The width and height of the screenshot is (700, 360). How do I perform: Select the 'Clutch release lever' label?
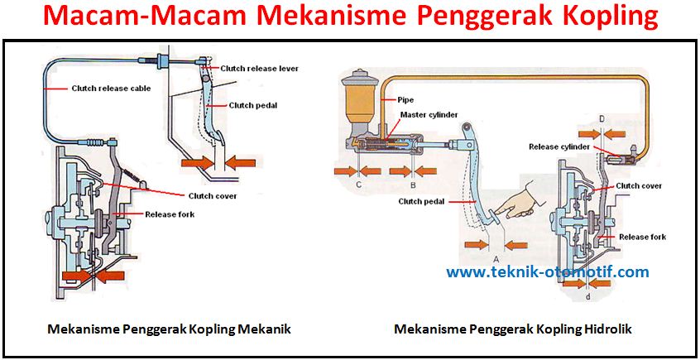point(259,68)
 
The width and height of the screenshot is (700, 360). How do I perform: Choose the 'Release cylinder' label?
point(559,147)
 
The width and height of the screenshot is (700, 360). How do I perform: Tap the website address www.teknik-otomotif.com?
point(548,271)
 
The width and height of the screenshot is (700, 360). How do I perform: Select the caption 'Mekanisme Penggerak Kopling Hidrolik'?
point(513,329)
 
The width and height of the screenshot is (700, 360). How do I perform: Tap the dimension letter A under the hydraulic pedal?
point(496,258)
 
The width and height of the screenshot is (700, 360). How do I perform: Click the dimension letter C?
point(358,185)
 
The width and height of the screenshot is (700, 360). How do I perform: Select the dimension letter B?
point(411,185)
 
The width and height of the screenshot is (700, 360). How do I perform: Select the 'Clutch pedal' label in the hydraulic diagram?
point(422,201)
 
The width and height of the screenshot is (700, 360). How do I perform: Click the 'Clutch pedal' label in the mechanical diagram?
point(253,105)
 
